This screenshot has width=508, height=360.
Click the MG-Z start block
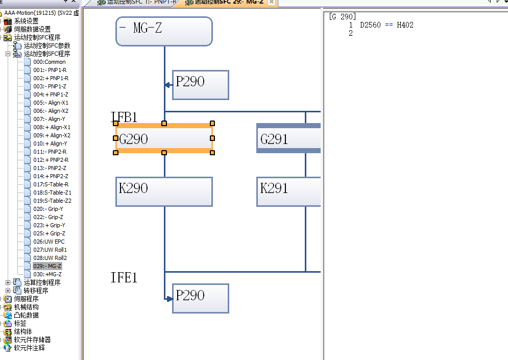click(x=164, y=31)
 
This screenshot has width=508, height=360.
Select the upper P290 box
click(x=200, y=85)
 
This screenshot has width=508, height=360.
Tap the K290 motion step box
click(x=164, y=191)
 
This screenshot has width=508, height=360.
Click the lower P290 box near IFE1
click(x=200, y=298)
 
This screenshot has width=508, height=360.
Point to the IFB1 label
click(x=124, y=117)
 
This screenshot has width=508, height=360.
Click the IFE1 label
click(x=124, y=278)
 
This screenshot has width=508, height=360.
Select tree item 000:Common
click(x=50, y=62)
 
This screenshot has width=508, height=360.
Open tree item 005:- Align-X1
click(x=51, y=103)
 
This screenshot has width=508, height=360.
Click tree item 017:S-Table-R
click(x=51, y=184)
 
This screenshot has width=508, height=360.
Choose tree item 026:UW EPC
click(x=49, y=242)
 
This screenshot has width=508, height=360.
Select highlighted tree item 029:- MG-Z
click(x=47, y=266)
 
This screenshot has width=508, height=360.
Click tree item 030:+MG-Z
click(x=47, y=274)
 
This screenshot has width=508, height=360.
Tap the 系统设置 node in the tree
click(x=26, y=21)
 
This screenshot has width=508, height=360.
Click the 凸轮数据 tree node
click(x=26, y=315)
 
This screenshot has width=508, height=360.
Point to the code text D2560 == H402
click(x=386, y=25)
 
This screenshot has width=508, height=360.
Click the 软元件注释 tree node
click(x=29, y=348)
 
